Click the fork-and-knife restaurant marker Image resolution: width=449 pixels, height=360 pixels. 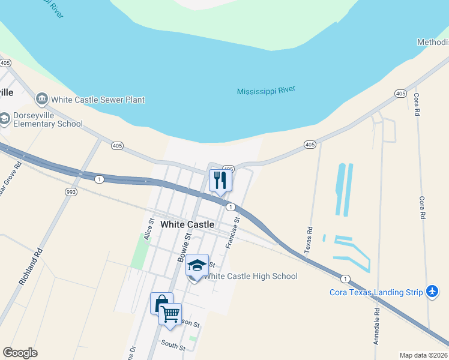[x=220, y=180]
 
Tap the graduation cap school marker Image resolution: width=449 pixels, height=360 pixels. [x=197, y=265]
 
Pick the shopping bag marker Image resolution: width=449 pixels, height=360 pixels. [x=161, y=304]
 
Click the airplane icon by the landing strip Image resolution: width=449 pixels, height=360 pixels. [x=432, y=292]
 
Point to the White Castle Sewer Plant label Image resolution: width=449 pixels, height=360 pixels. [x=98, y=100]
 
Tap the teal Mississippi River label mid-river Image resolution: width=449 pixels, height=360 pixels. [x=266, y=91]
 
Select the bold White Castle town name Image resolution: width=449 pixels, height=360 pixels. [x=187, y=224]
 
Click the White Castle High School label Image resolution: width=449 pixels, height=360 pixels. [x=250, y=276]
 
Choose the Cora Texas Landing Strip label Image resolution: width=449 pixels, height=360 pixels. [x=376, y=292]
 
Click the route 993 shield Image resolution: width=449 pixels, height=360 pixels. [x=71, y=191]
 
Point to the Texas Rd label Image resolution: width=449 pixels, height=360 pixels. [x=309, y=238]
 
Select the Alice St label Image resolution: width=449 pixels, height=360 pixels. [x=149, y=229]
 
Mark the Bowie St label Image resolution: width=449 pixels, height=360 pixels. [x=183, y=248]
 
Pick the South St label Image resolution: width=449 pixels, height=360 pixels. [x=173, y=344]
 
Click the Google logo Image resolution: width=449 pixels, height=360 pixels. [x=20, y=353]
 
